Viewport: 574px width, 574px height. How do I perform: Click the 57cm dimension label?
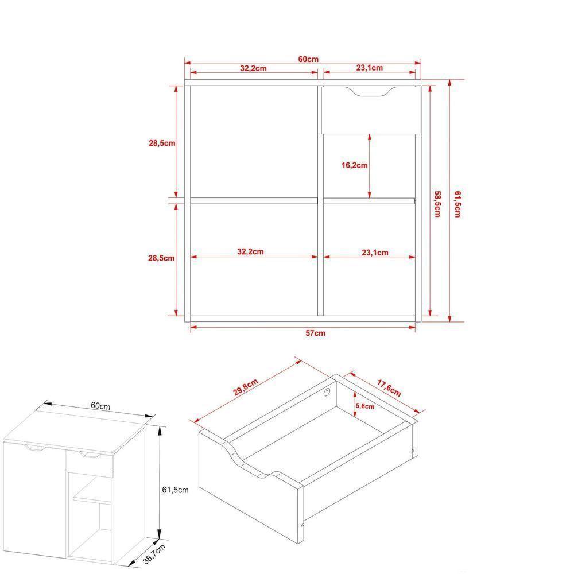point(315,333)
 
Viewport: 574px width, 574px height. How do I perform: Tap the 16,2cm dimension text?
point(354,165)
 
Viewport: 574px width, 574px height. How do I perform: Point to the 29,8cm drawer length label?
point(245,389)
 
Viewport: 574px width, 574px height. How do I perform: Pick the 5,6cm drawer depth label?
point(365,406)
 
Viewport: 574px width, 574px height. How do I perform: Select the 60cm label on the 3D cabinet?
point(100,405)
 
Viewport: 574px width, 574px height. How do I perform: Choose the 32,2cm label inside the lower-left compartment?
point(250,251)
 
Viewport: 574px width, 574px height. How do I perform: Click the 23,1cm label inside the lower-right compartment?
point(375,253)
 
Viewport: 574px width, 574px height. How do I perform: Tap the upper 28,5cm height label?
point(162,143)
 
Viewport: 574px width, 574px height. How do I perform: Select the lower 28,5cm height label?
point(162,258)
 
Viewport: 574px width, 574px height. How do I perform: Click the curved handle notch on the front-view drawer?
point(371,92)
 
